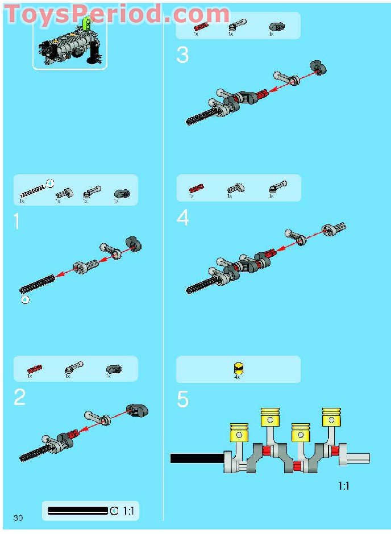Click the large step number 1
click(16, 220)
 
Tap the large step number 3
click(182, 55)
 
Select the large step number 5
click(182, 399)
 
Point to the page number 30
click(18, 518)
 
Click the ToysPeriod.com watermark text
click(117, 14)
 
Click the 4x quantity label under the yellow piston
click(238, 376)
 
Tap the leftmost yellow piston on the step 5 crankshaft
click(240, 432)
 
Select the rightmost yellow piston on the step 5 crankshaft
click(331, 417)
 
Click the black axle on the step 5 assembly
click(196, 458)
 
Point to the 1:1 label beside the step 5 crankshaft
click(344, 486)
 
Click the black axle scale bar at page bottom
click(78, 511)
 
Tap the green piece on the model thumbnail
click(86, 24)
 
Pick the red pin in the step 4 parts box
click(196, 187)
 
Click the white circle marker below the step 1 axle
click(25, 299)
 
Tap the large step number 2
click(19, 398)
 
